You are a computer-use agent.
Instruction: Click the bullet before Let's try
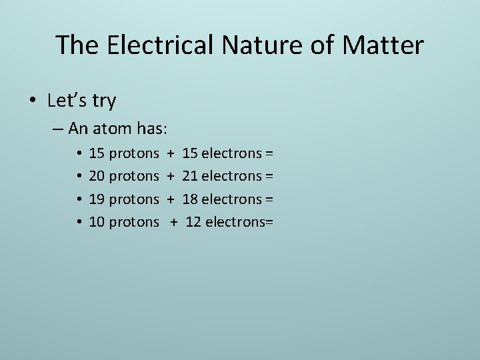tap(32, 101)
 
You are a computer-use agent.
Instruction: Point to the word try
tap(103, 101)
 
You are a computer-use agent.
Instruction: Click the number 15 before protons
tap(97, 153)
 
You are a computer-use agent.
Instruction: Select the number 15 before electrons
tap(190, 153)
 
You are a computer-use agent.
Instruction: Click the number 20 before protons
tap(97, 176)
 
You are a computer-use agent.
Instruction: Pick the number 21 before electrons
tap(190, 176)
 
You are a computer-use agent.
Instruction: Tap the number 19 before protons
tap(97, 199)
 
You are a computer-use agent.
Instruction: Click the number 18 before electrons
tap(190, 199)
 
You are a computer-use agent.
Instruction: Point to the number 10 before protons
tap(97, 221)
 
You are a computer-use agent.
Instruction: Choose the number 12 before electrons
tap(193, 221)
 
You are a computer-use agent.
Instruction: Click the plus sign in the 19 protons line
tap(171, 199)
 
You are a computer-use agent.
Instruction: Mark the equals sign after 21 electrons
tap(269, 176)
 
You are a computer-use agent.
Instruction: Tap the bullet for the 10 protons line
tap(79, 221)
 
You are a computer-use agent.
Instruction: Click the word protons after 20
tap(134, 176)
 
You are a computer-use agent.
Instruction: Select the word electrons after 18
tap(232, 199)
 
